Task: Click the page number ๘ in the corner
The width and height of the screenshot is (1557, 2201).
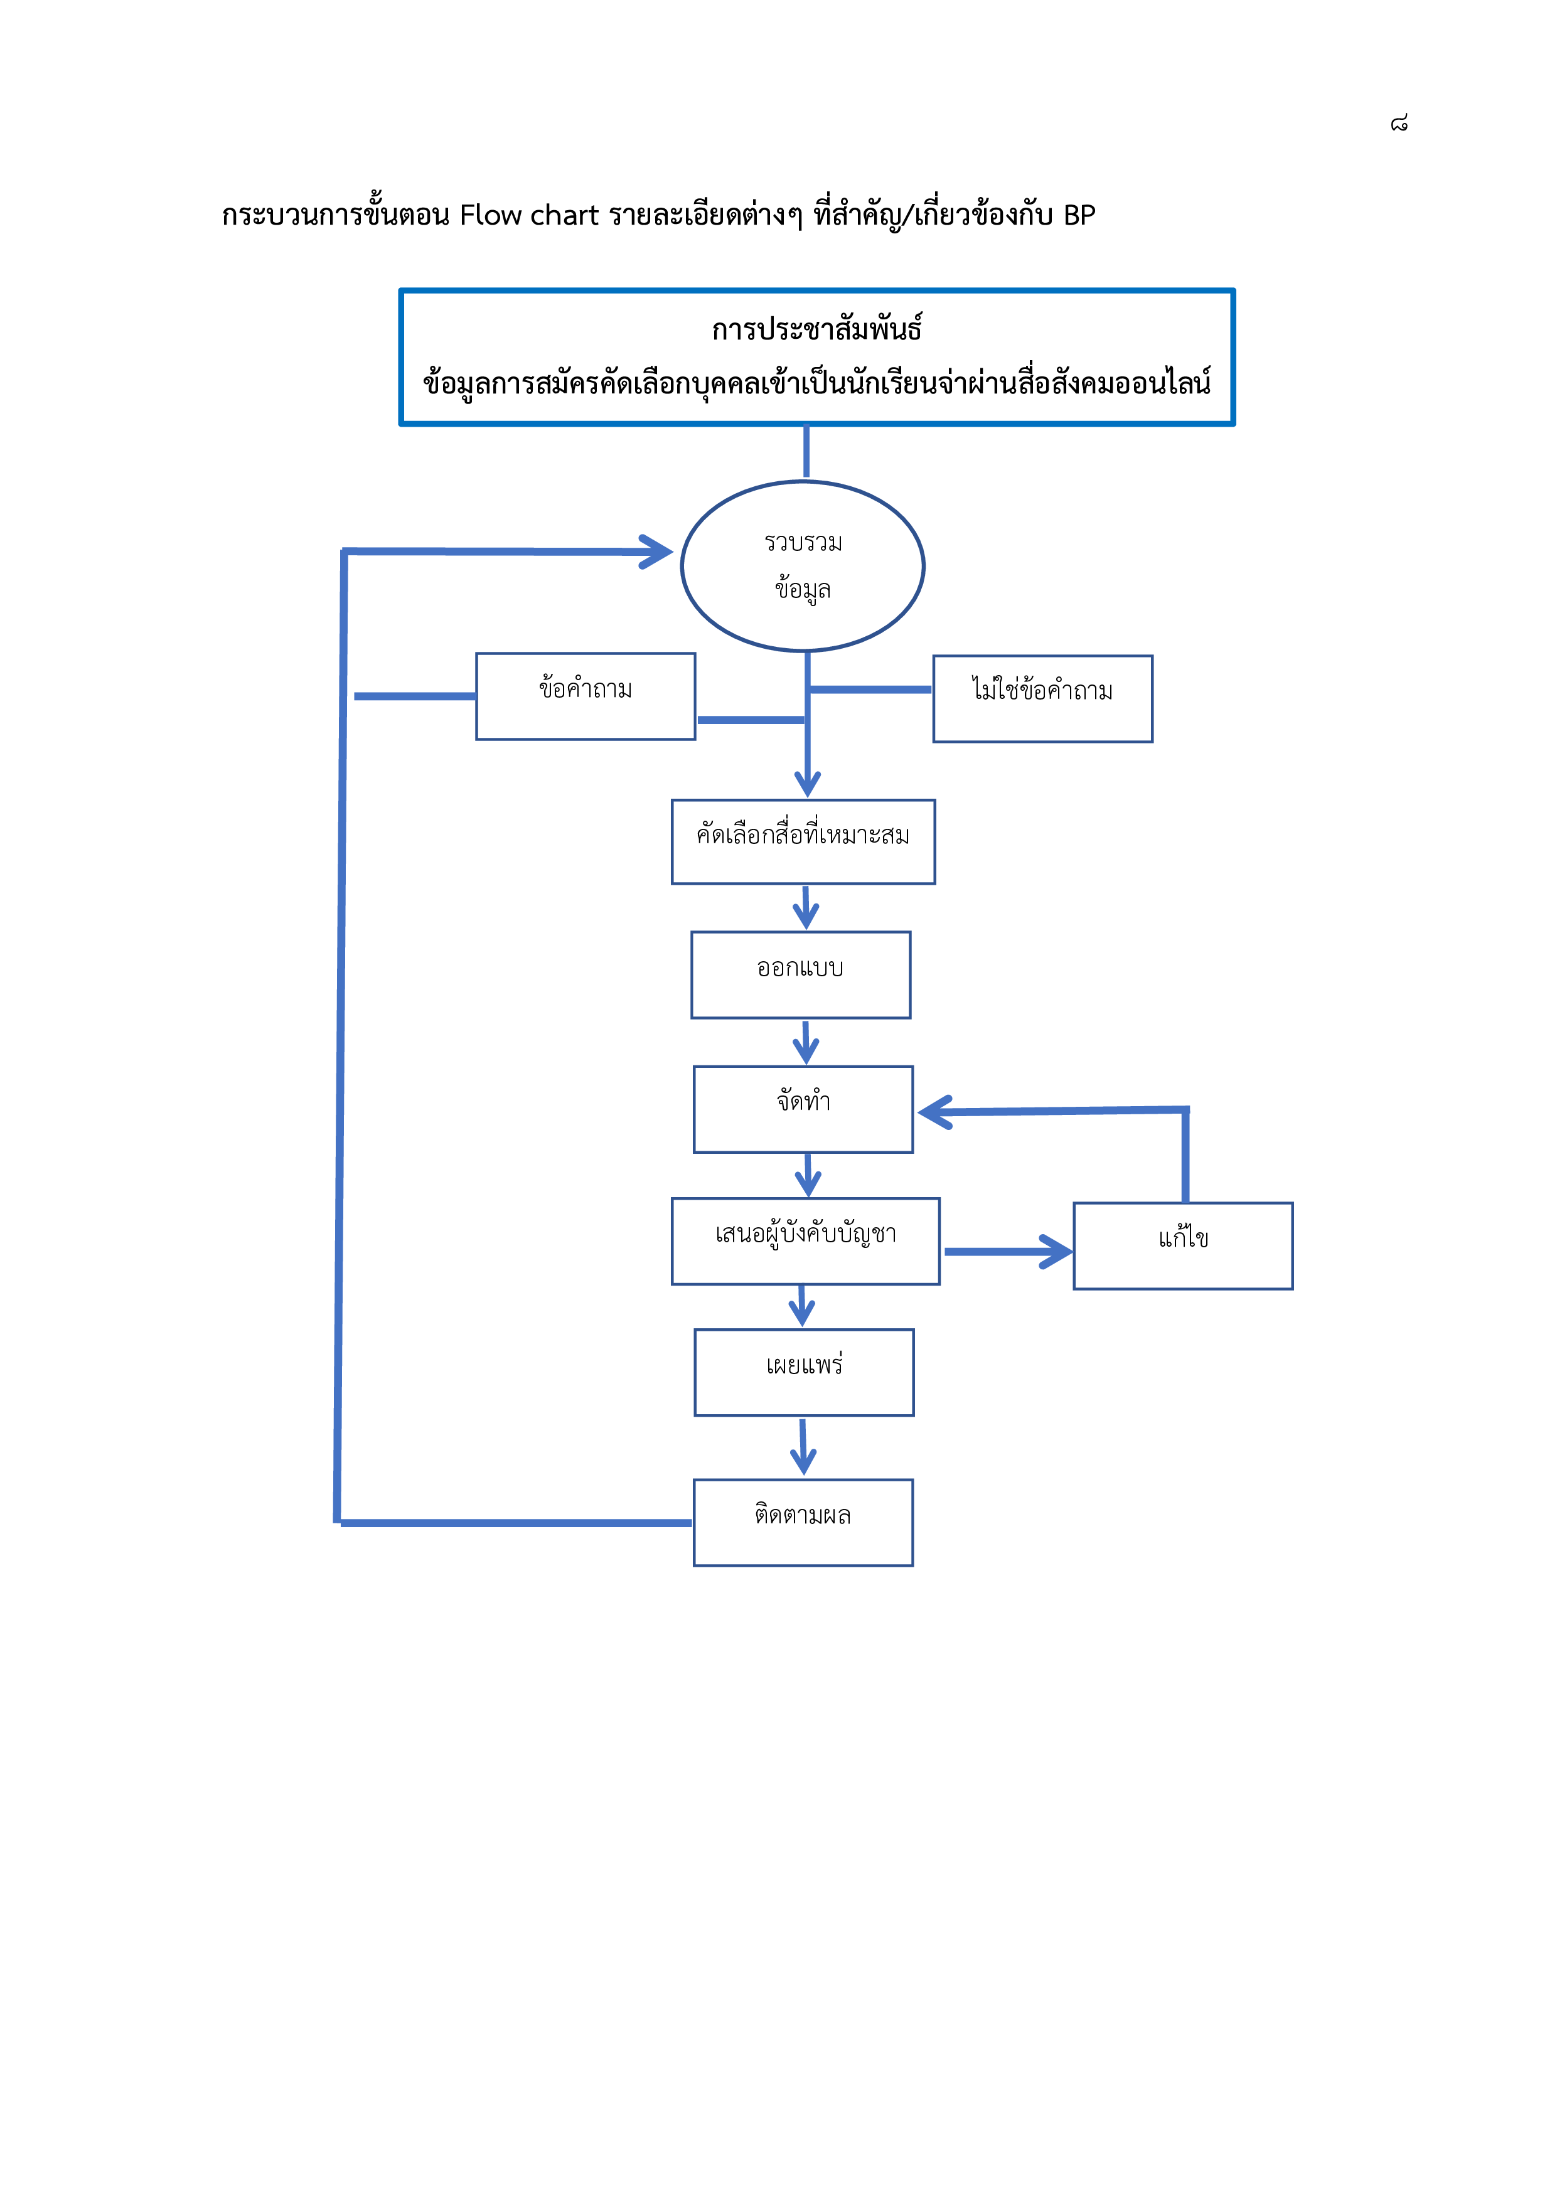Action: [1399, 123]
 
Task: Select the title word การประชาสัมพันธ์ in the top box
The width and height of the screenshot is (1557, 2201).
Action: [817, 328]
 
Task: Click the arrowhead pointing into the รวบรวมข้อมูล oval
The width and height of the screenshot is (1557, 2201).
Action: [660, 552]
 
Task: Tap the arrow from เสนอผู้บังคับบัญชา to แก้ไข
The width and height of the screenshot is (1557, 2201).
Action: [1008, 1251]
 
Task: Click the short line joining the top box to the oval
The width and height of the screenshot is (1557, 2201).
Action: [806, 452]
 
